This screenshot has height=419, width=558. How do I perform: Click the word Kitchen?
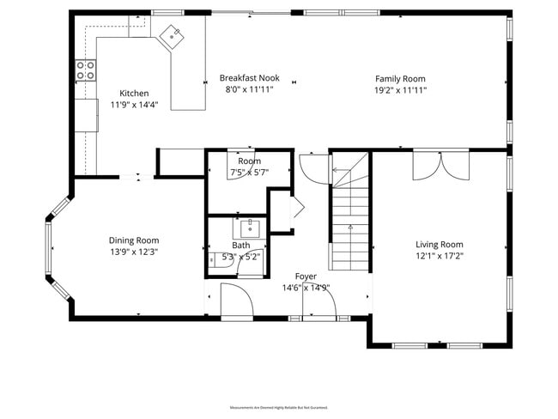(134, 94)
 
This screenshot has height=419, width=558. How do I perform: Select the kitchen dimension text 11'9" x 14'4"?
(134, 105)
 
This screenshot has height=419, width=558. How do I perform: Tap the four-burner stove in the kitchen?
(86, 70)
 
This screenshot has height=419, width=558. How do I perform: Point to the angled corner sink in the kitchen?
(175, 35)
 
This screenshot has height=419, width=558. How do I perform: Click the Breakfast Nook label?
(249, 77)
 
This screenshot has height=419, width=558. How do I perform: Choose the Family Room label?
(400, 77)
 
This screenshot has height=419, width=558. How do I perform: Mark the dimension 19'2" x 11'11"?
(400, 89)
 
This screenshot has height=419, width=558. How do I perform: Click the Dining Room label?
(133, 240)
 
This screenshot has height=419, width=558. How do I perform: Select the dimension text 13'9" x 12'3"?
(133, 252)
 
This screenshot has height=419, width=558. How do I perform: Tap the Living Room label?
(440, 245)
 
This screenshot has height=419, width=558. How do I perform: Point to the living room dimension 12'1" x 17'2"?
(440, 257)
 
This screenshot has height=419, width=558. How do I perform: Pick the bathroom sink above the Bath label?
(250, 228)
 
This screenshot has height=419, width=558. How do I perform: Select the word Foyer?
(306, 276)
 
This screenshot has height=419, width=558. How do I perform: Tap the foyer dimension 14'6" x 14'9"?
(306, 288)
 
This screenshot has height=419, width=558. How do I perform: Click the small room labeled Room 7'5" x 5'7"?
(249, 167)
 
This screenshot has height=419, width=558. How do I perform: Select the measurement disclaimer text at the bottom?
(278, 407)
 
